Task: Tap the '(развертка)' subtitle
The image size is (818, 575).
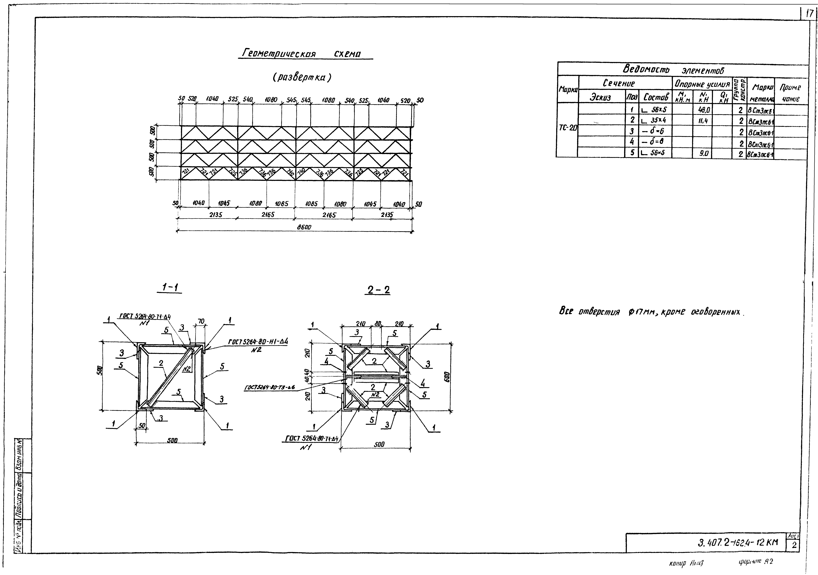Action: pos(302,77)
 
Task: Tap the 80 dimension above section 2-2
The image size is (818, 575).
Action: pos(378,324)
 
